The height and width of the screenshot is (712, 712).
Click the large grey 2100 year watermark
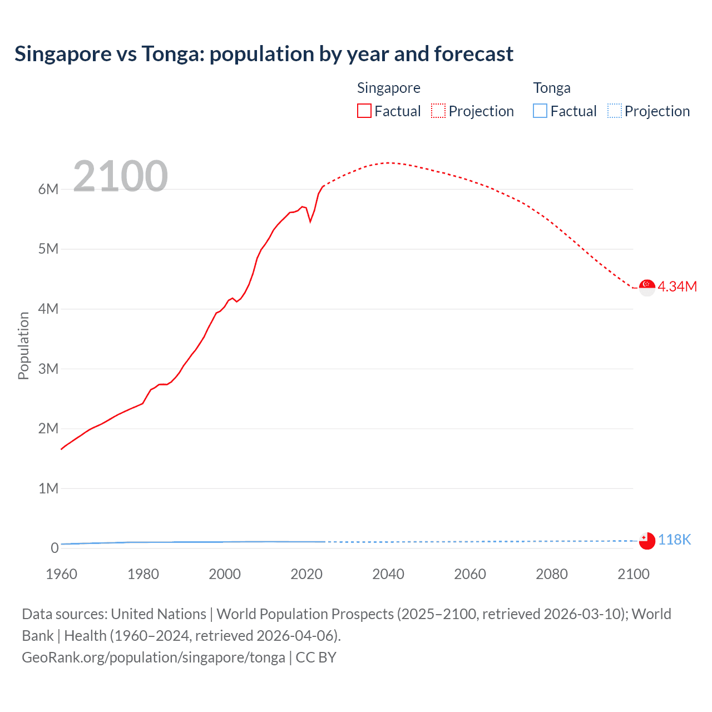click(x=120, y=176)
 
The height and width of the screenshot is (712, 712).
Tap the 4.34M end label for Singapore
click(x=677, y=287)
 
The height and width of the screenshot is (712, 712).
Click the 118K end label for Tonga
click(x=674, y=540)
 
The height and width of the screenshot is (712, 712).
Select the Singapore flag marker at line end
click(x=647, y=288)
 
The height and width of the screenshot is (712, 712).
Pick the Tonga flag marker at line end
click(x=647, y=541)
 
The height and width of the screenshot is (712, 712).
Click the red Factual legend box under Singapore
click(x=364, y=111)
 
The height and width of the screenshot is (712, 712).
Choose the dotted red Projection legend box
click(x=438, y=111)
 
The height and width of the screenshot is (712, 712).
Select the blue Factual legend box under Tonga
click(x=540, y=111)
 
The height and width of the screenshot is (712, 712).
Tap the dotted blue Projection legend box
click(x=615, y=111)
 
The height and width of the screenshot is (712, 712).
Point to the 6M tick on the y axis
click(x=48, y=189)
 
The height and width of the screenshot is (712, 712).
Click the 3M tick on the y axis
click(x=48, y=369)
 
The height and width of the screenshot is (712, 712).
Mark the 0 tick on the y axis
click(x=55, y=548)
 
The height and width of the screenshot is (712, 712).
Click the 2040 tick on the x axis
click(x=388, y=574)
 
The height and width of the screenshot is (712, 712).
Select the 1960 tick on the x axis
click(x=62, y=574)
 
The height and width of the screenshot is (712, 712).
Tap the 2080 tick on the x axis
click(x=552, y=574)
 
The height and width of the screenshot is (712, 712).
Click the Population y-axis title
click(x=23, y=345)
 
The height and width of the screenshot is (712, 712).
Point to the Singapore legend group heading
click(x=388, y=88)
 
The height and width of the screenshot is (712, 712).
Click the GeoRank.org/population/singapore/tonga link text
click(x=154, y=657)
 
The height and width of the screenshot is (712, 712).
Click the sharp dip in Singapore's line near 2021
click(x=310, y=221)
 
